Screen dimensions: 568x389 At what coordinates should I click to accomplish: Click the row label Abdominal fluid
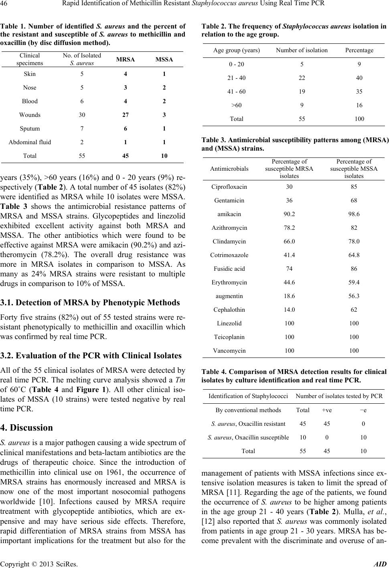30,142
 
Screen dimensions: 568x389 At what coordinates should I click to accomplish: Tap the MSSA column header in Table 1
164,59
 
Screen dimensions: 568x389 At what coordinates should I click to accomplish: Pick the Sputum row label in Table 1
30,129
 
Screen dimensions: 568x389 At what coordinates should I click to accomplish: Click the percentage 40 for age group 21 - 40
359,78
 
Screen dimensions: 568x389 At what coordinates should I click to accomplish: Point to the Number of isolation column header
302,50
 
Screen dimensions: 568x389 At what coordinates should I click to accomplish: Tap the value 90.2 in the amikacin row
289,214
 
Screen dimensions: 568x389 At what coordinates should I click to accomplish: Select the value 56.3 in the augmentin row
354,296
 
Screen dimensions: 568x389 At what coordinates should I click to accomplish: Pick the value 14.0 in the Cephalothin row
289,310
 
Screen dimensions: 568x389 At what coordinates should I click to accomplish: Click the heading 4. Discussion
26,427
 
